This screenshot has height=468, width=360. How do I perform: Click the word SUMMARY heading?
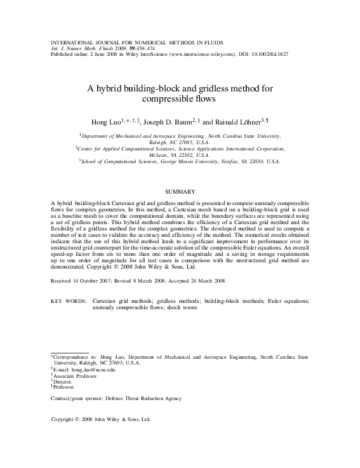(x=180, y=191)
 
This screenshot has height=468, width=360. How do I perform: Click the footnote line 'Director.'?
(x=64, y=381)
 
